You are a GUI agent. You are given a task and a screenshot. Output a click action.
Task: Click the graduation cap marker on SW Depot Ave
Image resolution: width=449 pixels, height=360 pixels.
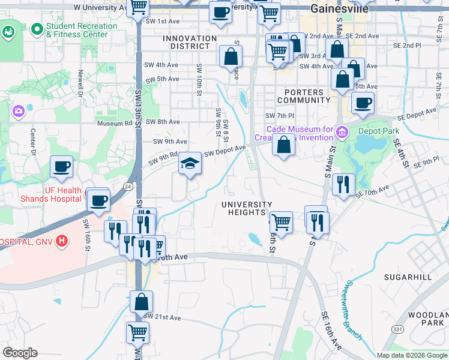[x=190, y=164]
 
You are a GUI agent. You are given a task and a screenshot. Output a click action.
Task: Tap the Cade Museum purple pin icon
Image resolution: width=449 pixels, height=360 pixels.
[x=342, y=131]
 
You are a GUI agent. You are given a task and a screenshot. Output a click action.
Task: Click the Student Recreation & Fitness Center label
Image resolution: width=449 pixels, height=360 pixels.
[x=82, y=30]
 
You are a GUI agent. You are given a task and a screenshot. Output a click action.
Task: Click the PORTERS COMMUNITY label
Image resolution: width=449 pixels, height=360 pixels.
[x=303, y=96]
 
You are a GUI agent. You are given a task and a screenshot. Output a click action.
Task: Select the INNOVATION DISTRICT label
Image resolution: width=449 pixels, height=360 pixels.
[x=190, y=42]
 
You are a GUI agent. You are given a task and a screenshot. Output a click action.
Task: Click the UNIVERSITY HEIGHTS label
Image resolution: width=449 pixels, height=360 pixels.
[x=247, y=208]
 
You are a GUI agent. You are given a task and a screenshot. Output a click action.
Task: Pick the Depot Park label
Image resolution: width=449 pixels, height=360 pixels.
[x=379, y=130]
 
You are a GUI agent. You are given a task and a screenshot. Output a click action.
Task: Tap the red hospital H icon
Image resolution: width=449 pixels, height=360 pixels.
[x=61, y=241]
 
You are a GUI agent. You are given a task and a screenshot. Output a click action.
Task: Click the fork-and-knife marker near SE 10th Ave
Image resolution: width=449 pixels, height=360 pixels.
[x=343, y=184]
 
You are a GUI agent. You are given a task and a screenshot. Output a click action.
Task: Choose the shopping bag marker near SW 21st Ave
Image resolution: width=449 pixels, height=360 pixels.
[x=141, y=302]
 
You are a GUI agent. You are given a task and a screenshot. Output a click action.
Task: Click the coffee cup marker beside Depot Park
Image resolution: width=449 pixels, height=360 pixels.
[x=363, y=103]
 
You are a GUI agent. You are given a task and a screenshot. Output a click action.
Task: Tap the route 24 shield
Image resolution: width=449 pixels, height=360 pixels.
[x=128, y=187]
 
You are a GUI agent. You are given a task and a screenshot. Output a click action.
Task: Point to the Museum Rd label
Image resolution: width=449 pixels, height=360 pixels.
[x=114, y=124]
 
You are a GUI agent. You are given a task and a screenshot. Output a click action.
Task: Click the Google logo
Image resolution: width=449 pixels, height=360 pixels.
[x=20, y=353]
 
